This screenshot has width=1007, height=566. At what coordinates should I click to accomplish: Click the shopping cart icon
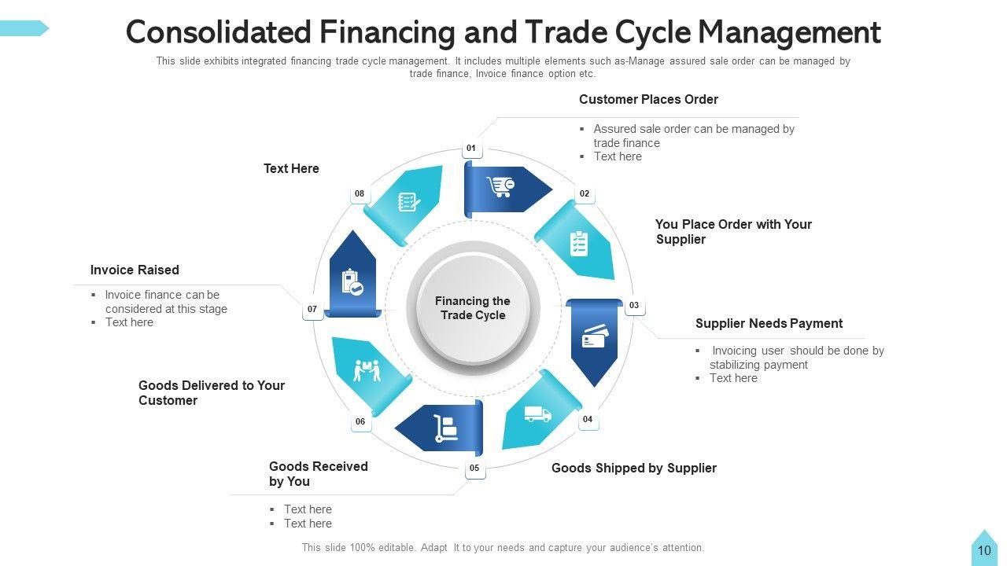pos(500,187)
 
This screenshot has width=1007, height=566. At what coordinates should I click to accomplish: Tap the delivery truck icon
pos(537,414)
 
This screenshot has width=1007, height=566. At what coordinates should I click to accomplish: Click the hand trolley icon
pos(445,428)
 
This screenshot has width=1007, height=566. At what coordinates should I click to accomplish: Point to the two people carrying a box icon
pos(367,370)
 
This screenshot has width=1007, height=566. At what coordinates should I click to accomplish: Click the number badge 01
pos(471,148)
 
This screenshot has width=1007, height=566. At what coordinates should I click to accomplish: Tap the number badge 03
pos(634,305)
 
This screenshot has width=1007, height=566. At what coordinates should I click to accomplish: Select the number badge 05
pos(474,469)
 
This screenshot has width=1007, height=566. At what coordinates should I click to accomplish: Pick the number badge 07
pos(312,310)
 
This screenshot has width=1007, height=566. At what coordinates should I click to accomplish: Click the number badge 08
pos(360,193)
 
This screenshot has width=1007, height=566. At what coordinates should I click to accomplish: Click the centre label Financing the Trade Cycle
pos(473,308)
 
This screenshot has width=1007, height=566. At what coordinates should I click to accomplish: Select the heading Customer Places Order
pos(648,99)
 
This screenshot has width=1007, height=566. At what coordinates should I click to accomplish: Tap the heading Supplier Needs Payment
pos(769,323)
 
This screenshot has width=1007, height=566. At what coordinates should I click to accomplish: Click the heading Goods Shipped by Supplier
pos(633,468)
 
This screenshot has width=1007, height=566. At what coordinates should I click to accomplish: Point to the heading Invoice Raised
pos(135,270)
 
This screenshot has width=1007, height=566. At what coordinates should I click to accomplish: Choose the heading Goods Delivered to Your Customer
pos(211,392)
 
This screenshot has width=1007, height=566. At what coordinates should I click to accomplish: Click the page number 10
pos(984,550)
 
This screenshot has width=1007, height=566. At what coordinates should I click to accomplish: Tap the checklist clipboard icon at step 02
pos(578,244)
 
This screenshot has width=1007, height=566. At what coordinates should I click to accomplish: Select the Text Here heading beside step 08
pos(291,168)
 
